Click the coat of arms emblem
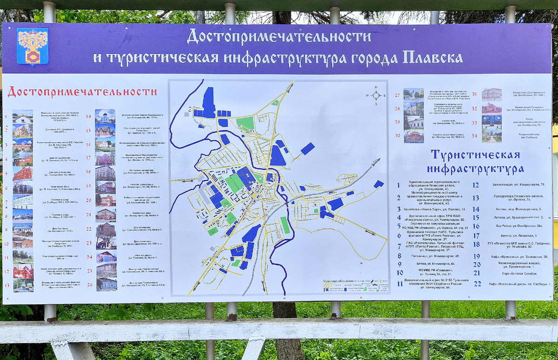pos(32,46)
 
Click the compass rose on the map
pos(376,95)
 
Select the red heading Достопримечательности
pos(82,92)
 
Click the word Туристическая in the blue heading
pos(475,155)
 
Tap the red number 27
pos(397,95)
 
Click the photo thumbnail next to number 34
pos(492,135)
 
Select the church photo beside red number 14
pos(105,116)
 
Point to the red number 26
pos(89,285)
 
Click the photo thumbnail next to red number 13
pos(23,285)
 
